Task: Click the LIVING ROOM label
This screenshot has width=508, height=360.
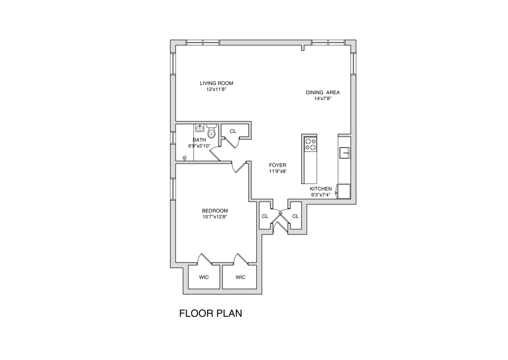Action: click(217, 83)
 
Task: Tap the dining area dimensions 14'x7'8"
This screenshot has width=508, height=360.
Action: click(322, 99)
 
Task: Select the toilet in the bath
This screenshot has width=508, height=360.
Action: click(211, 132)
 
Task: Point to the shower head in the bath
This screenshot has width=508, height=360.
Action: click(185, 157)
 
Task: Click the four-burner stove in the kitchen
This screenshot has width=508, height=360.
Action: click(310, 144)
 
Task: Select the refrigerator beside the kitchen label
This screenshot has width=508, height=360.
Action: click(345, 191)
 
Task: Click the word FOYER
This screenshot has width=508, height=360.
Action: click(277, 165)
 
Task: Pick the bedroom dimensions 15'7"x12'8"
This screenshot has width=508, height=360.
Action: click(215, 217)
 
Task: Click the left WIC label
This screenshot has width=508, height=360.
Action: click(204, 277)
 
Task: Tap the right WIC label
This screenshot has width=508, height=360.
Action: click(240, 277)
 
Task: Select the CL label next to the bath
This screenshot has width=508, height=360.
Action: click(233, 131)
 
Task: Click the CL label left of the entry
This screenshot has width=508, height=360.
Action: click(265, 216)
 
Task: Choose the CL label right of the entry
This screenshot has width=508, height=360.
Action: click(295, 216)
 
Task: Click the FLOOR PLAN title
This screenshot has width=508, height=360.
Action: click(210, 313)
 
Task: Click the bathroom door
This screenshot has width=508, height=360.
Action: click(214, 153)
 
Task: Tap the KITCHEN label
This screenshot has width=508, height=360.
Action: click(321, 189)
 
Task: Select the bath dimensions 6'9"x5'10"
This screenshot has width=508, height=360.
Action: click(200, 146)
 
